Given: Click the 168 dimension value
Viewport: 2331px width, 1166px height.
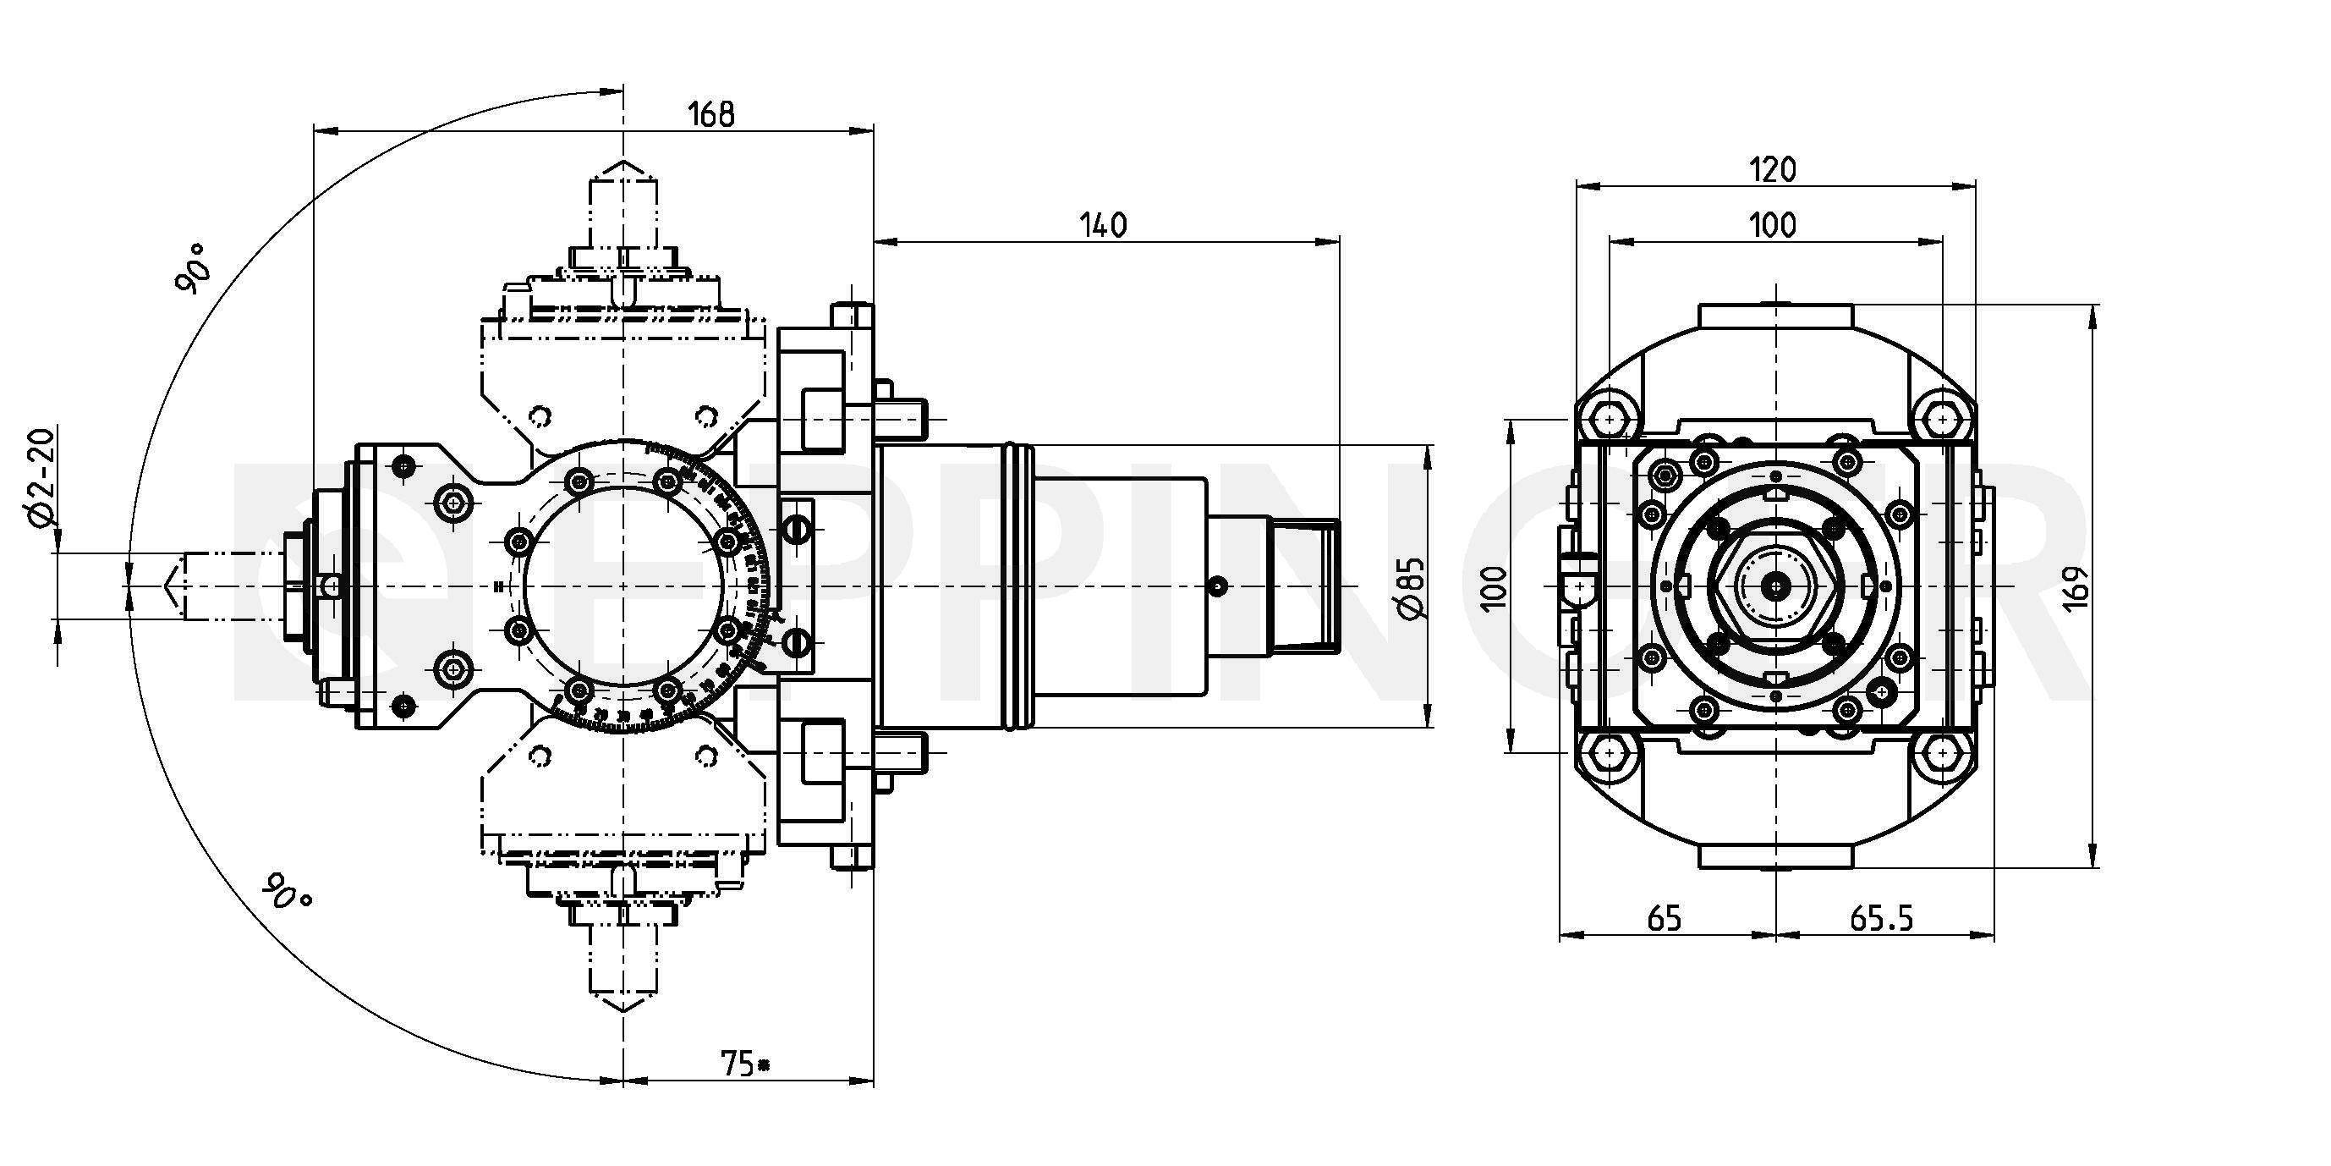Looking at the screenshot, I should pyautogui.click(x=711, y=115).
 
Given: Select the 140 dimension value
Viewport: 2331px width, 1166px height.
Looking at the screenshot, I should pyautogui.click(x=1104, y=224).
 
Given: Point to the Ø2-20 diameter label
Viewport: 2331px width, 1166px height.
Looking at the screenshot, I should pyautogui.click(x=41, y=477).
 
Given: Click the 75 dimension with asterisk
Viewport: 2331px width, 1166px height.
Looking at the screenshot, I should pyautogui.click(x=745, y=1064).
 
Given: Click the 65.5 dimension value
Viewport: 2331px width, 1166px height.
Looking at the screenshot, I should pyautogui.click(x=1881, y=919).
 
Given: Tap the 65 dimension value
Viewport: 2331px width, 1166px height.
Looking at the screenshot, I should pyautogui.click(x=1665, y=919).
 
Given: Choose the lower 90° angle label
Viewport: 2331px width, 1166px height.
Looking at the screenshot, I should pyautogui.click(x=287, y=892).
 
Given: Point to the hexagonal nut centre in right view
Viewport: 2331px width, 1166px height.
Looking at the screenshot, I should pyautogui.click(x=1776, y=587).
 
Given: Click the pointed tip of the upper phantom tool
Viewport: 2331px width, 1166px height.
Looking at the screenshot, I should pyautogui.click(x=623, y=164).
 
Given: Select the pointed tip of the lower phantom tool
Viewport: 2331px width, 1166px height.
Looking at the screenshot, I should pyautogui.click(x=623, y=1011).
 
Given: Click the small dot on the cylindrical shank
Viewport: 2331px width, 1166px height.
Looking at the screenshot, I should pyautogui.click(x=1218, y=586).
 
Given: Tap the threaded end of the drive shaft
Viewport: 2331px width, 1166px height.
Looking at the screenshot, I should pyautogui.click(x=1305, y=586).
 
